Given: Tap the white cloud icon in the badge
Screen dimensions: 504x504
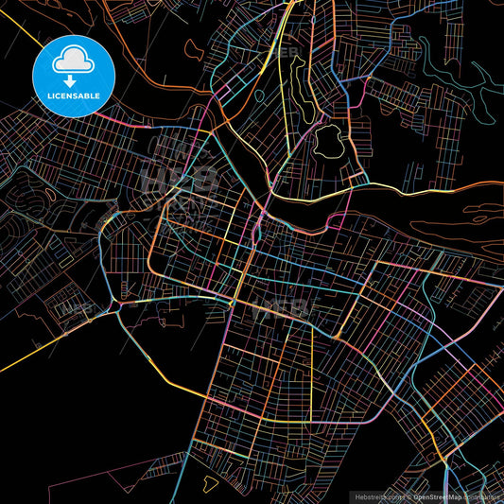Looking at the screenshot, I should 74,60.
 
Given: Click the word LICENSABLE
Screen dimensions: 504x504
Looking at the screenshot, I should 74,96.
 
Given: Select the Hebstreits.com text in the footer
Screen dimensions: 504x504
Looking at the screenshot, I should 375,495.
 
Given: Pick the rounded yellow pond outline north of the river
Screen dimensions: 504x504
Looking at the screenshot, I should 328,143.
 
